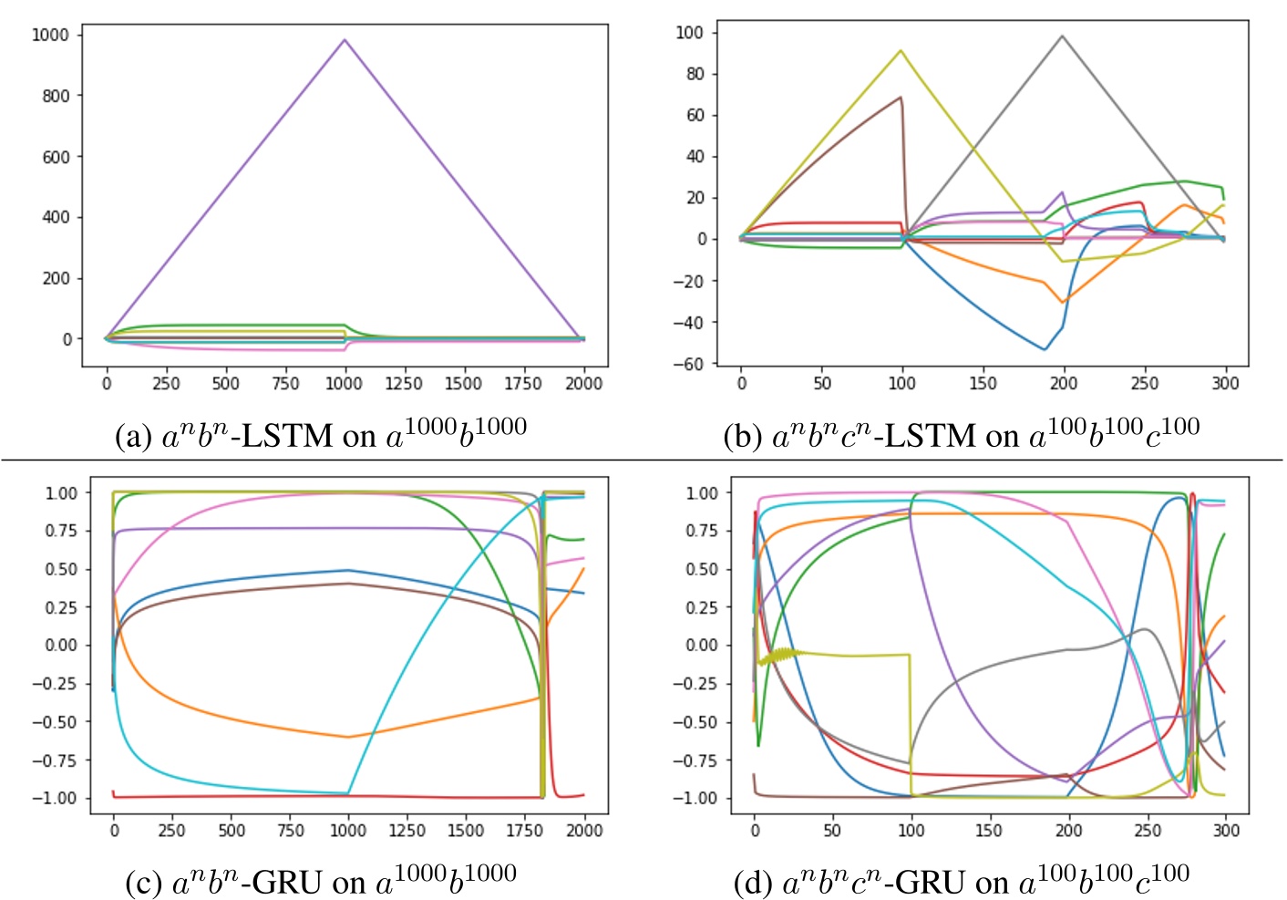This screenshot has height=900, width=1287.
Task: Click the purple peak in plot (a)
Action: [x=345, y=40]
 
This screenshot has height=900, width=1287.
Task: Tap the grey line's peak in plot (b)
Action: [x=1062, y=36]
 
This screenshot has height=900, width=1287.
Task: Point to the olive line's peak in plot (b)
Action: [x=901, y=51]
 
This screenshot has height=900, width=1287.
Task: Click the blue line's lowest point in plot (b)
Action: [x=1045, y=349]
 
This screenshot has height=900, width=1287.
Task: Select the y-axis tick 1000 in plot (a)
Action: [x=50, y=35]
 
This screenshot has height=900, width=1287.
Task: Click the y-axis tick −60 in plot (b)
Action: [x=688, y=364]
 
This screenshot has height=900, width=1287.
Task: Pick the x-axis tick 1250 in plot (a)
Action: [x=403, y=384]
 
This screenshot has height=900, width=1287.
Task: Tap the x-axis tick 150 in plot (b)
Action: [x=982, y=384]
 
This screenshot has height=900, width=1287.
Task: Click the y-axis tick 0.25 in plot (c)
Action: [x=61, y=607]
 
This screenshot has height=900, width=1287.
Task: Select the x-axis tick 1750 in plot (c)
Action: [x=524, y=831]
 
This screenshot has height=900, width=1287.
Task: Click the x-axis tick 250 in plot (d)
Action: [x=1148, y=831]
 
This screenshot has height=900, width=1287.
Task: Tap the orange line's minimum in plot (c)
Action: [x=348, y=737]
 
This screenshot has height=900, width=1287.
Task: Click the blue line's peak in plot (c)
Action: [x=346, y=571]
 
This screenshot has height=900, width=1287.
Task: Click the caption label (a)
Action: [x=133, y=436]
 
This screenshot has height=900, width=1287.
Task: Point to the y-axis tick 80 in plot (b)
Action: [x=695, y=74]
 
